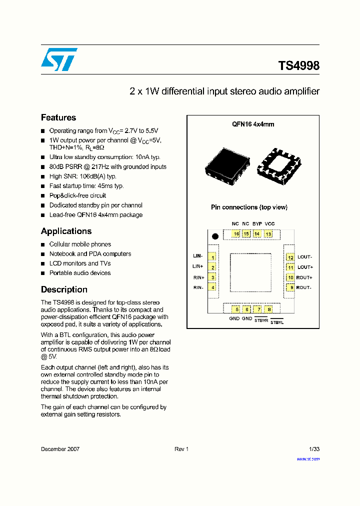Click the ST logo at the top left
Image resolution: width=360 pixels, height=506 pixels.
pos(59,59)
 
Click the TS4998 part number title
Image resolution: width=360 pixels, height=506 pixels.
pos(298,65)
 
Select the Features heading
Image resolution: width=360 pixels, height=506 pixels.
pos(58,117)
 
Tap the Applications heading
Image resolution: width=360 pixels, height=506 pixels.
pos(66,231)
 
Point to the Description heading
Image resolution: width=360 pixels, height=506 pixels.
pos(64,289)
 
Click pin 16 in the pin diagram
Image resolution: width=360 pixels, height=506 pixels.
pos(235,234)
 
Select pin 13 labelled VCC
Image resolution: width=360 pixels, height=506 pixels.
pos(268,234)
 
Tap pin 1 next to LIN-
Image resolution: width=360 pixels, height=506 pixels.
pos(213,257)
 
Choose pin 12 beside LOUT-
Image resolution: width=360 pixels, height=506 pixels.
pos(290,257)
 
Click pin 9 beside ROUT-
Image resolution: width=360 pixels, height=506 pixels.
pos(290,287)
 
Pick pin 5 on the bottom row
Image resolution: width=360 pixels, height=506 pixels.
pos(234,309)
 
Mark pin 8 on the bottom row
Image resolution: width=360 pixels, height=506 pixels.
pos(269,309)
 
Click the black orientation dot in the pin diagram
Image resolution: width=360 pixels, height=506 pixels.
pos(215,236)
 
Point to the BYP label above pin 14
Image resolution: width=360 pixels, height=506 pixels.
pos(257,223)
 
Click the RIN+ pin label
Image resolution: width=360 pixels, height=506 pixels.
pos(198,277)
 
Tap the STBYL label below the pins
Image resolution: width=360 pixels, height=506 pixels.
pos(276,322)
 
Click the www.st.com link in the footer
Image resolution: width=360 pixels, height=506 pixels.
pos(308,459)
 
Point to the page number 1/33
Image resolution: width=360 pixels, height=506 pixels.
pos(314,449)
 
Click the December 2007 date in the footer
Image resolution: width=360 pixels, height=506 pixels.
pos(60,449)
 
